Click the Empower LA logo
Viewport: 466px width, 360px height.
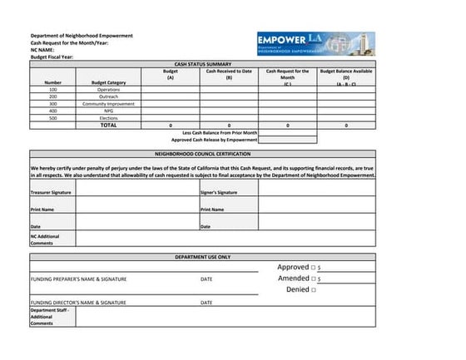pyautogui.click(x=315, y=43)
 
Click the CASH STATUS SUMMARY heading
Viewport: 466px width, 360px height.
pyautogui.click(x=203, y=64)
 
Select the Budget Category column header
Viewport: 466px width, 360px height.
pyautogui.click(x=108, y=82)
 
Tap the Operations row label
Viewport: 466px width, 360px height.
pyautogui.click(x=108, y=89)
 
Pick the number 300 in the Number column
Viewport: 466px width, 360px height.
pyautogui.click(x=53, y=103)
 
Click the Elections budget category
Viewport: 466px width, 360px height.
pyautogui.click(x=108, y=118)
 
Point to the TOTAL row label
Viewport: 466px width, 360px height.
pyautogui.click(x=108, y=126)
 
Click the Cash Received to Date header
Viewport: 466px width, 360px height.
pyautogui.click(x=229, y=74)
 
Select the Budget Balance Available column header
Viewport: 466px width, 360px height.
pyautogui.click(x=345, y=77)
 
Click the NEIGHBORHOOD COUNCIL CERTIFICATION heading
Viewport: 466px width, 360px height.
pyautogui.click(x=203, y=154)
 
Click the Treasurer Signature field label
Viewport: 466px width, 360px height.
pyautogui.click(x=51, y=192)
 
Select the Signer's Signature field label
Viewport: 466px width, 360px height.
pyautogui.click(x=219, y=192)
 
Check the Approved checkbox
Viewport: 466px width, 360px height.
pyautogui.click(x=313, y=268)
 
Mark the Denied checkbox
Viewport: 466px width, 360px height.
pyautogui.click(x=313, y=290)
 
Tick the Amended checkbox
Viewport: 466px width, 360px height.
pyautogui.click(x=313, y=279)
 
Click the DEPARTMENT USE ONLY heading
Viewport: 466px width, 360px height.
pyautogui.click(x=203, y=258)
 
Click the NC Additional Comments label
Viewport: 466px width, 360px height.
pyautogui.click(x=45, y=239)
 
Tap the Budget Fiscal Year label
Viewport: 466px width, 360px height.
pyautogui.click(x=52, y=57)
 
